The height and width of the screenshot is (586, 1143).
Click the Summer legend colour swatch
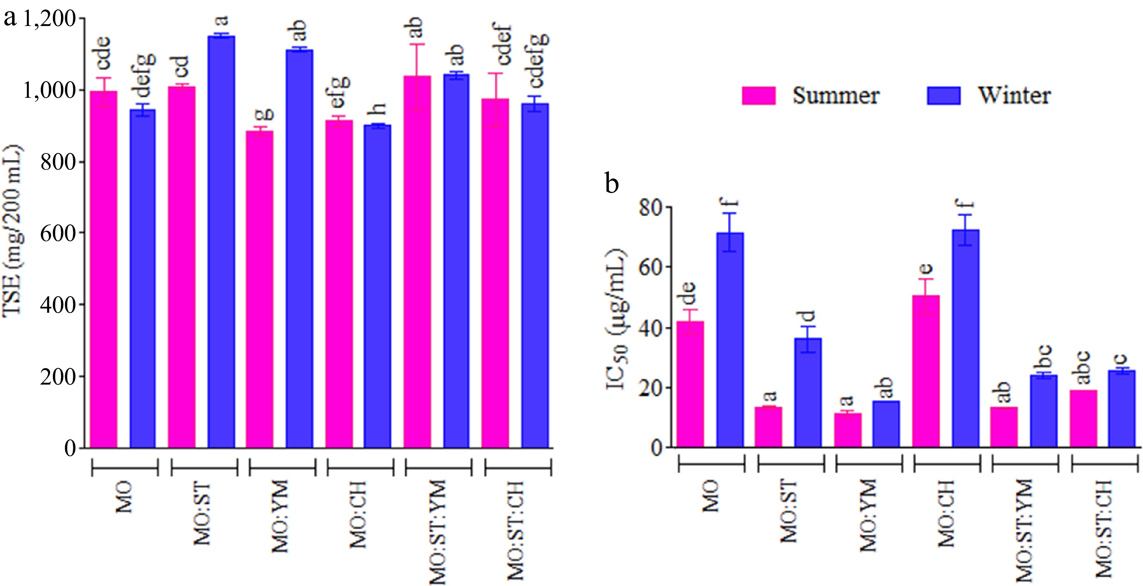point(758,96)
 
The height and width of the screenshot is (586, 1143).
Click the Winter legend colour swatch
point(943,96)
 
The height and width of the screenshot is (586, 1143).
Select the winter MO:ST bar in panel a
point(221,242)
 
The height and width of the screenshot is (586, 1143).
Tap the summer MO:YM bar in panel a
point(259,289)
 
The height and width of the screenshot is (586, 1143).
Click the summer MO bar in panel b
point(690,384)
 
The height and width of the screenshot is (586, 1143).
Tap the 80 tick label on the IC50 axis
point(650,208)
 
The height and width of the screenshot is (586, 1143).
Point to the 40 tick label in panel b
point(650,328)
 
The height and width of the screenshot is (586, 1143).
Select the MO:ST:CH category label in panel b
point(1105,528)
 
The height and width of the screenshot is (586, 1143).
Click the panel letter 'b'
point(612,183)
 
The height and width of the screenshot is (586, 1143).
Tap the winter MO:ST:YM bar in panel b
point(1043,411)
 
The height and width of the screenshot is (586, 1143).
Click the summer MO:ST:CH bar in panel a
point(495,273)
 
